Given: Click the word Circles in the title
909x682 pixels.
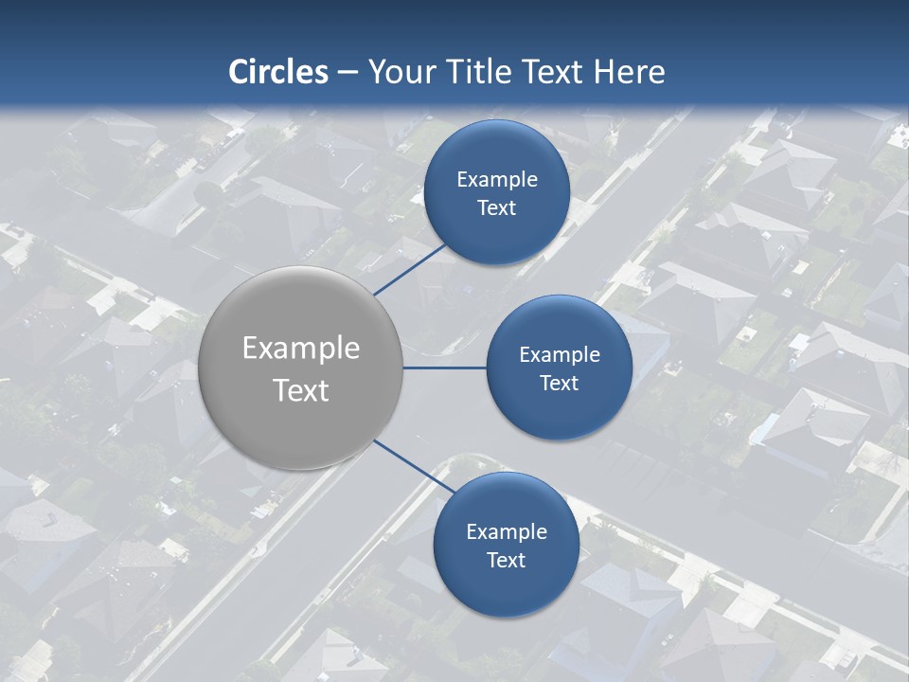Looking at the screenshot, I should pos(278,72).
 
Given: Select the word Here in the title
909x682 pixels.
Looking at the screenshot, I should pos(630,72).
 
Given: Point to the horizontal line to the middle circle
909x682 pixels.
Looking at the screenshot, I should pos(445,368).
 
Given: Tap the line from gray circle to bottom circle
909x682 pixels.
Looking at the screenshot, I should pos(405,464).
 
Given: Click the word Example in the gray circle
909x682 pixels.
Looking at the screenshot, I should pos(301,349).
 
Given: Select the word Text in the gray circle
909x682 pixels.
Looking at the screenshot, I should pos(301,390).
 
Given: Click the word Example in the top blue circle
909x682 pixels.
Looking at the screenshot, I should pos(496,179).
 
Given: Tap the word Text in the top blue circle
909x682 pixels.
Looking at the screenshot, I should pos(496,207).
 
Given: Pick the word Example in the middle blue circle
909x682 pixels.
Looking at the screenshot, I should pos(559,354).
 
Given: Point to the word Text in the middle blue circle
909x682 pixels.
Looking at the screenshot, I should pos(559,383).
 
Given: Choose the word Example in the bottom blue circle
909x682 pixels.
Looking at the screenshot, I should pos(506,531).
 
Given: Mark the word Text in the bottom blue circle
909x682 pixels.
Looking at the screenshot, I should pos(506,560).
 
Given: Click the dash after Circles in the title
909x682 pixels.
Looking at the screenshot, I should pos(348,73).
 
